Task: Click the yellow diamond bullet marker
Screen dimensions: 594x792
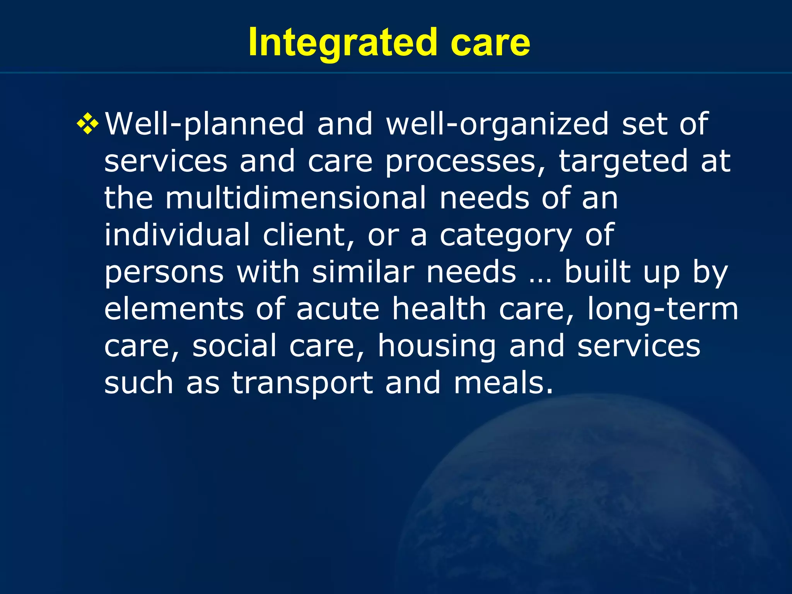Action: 88,124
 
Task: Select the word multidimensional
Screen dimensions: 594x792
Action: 296,198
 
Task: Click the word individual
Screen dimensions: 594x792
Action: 177,235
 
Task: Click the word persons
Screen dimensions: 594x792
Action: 164,272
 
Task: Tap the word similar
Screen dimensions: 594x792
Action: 363,272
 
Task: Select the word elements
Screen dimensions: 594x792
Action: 174,309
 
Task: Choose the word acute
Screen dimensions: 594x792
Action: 338,309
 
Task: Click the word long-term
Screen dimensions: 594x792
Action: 662,309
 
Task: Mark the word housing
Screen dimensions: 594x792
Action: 437,346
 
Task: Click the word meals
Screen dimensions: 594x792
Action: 503,383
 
